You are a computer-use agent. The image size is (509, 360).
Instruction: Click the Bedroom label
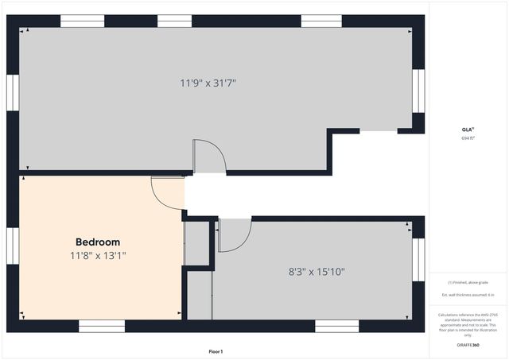[x=98, y=242]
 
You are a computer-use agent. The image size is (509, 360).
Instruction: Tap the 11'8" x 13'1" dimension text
[x=98, y=256]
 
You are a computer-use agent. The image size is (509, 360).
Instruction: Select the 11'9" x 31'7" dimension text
[x=208, y=82]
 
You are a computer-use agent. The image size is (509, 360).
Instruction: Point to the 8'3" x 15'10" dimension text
[x=317, y=271]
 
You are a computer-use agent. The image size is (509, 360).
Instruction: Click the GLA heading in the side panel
[x=468, y=130]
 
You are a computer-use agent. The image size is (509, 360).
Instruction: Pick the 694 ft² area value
[x=468, y=138]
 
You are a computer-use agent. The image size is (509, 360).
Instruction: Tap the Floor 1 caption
[x=216, y=351]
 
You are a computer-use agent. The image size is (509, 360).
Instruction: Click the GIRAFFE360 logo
[x=468, y=346]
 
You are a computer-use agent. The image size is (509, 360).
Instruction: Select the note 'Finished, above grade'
[x=468, y=282]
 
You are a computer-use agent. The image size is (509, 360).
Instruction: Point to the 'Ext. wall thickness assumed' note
[x=468, y=295]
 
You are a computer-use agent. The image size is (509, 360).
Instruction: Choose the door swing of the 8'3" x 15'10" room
[x=234, y=234]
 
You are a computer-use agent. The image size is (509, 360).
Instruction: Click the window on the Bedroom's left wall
[x=13, y=251]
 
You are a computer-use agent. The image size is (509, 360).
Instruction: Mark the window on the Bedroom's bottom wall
[x=102, y=326]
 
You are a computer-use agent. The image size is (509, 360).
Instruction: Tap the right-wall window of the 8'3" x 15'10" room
[x=418, y=259]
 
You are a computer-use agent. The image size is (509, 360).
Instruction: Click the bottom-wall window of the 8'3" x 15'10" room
[x=336, y=326]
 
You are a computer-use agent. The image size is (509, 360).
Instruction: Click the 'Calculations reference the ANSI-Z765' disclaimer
[x=468, y=324]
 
